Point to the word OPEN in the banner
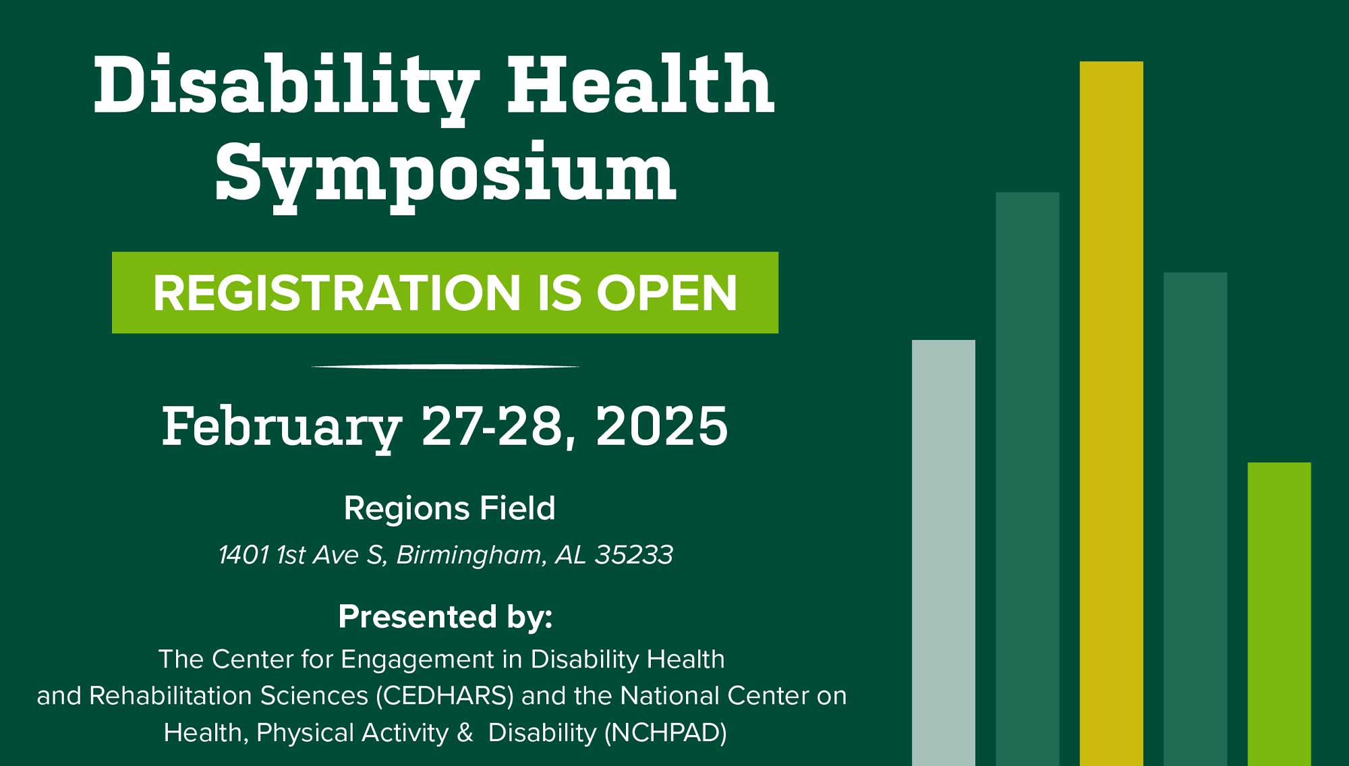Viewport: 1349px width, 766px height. tap(666, 293)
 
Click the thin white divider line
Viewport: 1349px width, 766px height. tap(445, 367)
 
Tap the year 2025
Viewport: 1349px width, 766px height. tap(662, 426)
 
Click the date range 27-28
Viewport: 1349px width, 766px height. tap(492, 426)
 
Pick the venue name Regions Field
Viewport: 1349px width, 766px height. tap(449, 508)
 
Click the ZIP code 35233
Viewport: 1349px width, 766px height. tap(633, 555)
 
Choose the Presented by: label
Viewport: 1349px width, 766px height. tap(445, 617)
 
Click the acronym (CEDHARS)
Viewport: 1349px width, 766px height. tap(444, 696)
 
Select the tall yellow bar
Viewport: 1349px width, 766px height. tap(1112, 413)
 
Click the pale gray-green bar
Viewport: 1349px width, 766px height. tap(944, 553)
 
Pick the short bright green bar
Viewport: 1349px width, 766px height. tap(1280, 614)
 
